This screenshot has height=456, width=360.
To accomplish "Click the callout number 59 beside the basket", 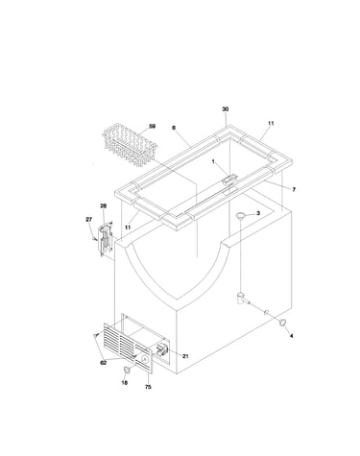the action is tap(153, 127).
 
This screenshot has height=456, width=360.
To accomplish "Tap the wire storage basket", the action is tap(130, 144).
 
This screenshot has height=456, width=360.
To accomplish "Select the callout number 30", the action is tap(226, 109).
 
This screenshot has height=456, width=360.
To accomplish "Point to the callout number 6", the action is tap(174, 128).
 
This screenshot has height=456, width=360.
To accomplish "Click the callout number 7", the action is tap(294, 189).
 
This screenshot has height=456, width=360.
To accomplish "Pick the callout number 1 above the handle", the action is tap(213, 162).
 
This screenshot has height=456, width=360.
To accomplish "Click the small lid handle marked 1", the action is tap(229, 179).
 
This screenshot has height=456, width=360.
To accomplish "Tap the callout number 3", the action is tap(258, 213).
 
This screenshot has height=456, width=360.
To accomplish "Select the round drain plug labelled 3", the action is tap(241, 216).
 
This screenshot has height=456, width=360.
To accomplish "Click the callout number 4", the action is tap(291, 336).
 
